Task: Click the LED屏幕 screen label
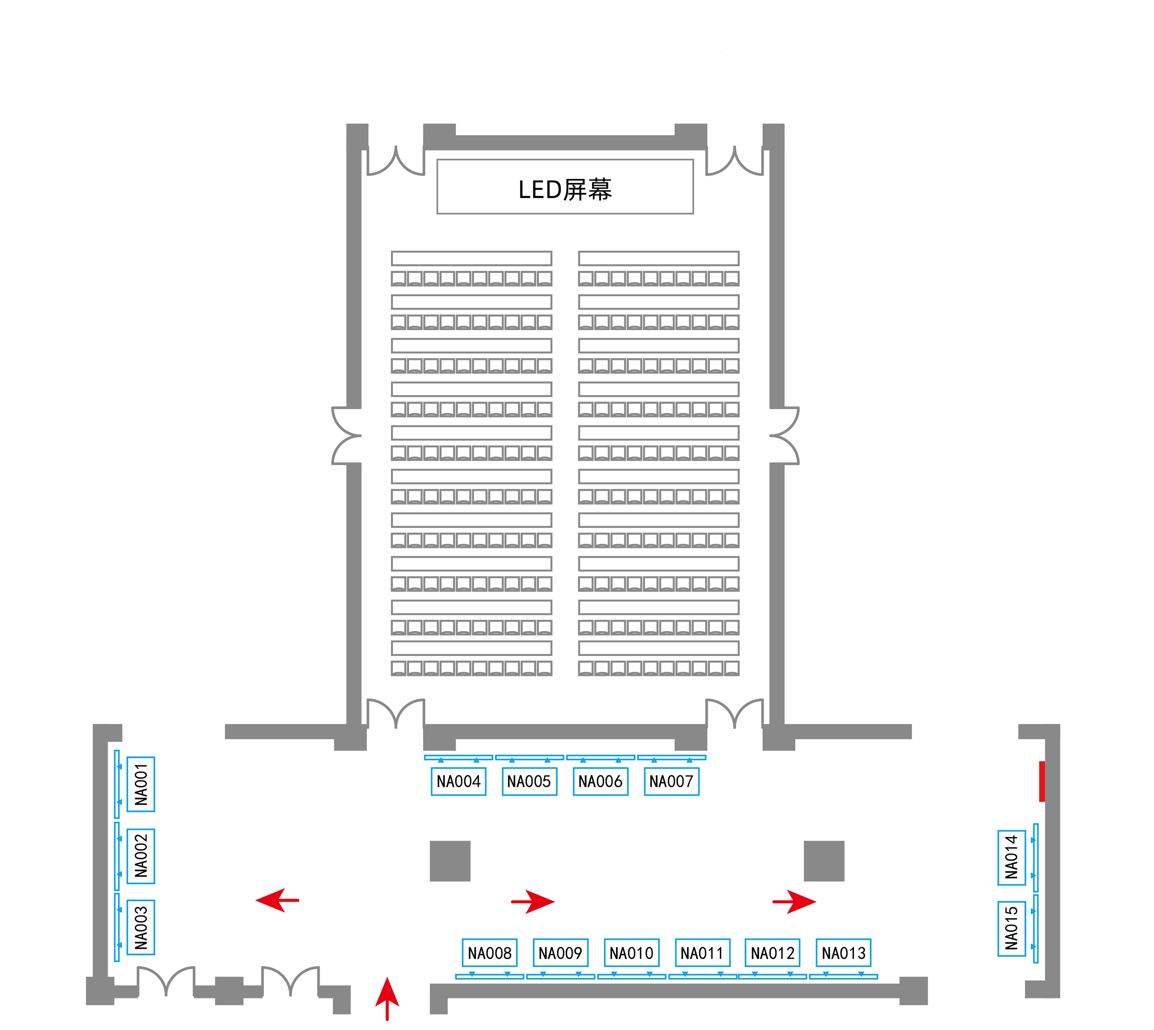pyautogui.click(x=565, y=189)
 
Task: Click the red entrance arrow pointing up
pyautogui.click(x=387, y=999)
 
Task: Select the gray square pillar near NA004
pyautogui.click(x=450, y=861)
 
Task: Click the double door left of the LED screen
pyautogui.click(x=396, y=161)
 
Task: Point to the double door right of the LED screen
pyautogui.click(x=734, y=161)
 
